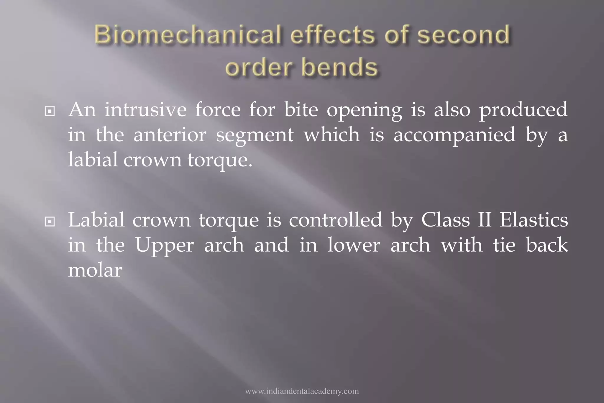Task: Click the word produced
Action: [523, 110]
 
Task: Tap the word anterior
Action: [170, 135]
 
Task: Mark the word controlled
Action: [335, 220]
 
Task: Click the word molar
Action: [95, 270]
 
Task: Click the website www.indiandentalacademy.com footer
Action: [302, 391]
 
